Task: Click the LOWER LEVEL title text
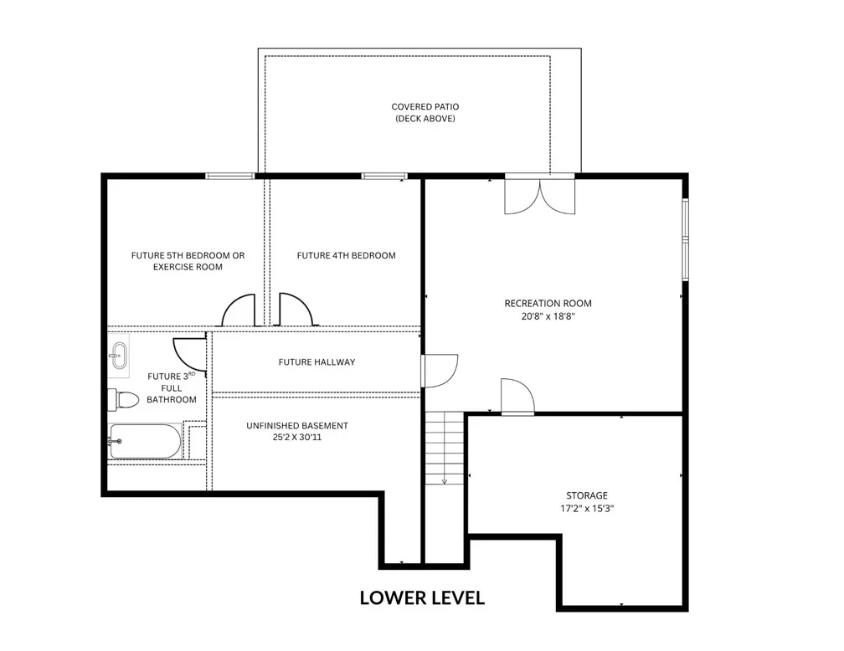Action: click(422, 597)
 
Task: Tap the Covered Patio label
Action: click(425, 112)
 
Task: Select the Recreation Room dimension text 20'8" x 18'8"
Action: click(548, 316)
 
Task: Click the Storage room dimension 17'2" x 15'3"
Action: click(587, 508)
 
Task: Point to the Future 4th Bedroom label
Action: click(346, 255)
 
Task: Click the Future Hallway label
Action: click(316, 362)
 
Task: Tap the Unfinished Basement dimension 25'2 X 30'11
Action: click(297, 437)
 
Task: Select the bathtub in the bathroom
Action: click(146, 441)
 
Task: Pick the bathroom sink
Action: click(118, 356)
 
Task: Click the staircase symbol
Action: click(445, 448)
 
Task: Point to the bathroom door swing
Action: click(189, 355)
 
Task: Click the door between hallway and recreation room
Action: click(440, 371)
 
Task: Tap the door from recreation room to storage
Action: click(517, 397)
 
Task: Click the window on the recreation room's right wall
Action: click(685, 239)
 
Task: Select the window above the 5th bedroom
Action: click(229, 176)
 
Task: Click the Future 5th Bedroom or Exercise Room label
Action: click(188, 261)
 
